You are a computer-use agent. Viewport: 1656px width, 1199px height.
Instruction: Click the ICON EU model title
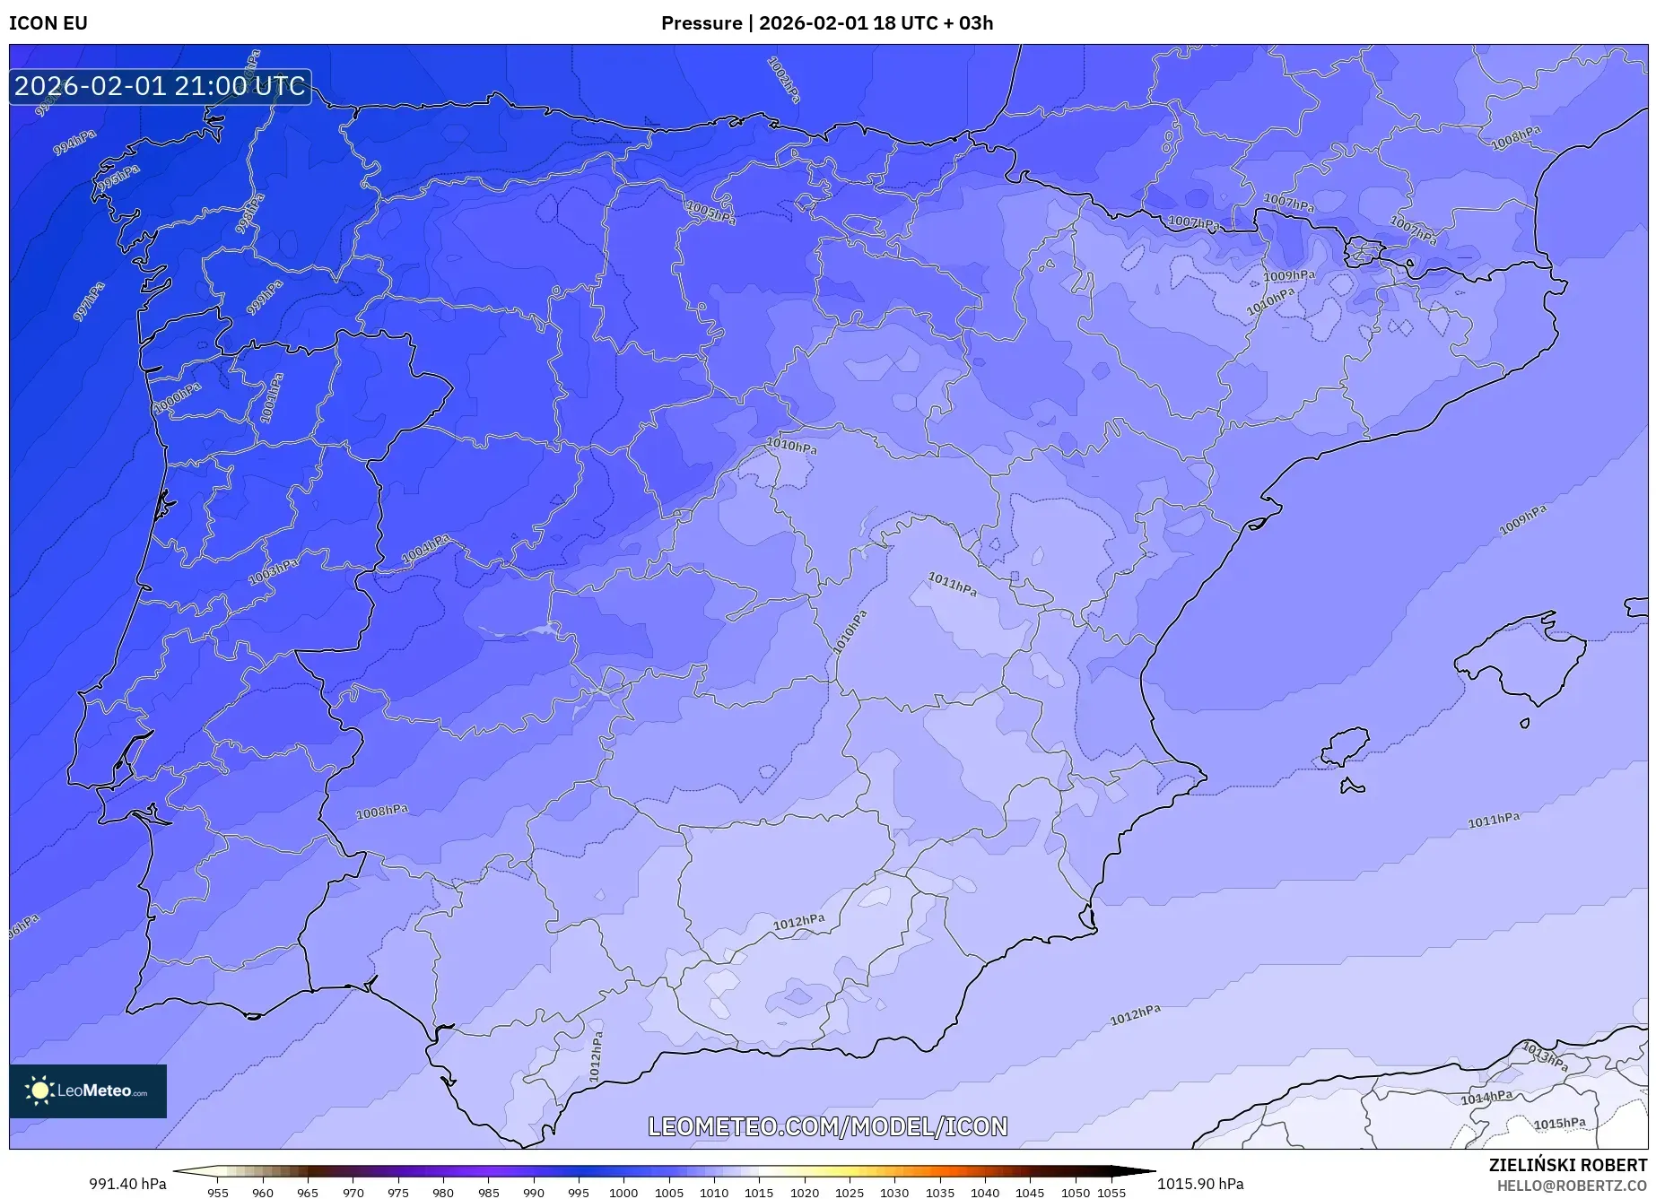coord(48,23)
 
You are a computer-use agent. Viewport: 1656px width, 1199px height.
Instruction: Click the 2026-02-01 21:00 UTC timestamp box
coord(160,86)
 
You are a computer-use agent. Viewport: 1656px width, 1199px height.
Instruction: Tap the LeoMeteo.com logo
coord(88,1090)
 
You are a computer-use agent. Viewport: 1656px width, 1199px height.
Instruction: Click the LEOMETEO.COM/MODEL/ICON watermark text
coord(827,1126)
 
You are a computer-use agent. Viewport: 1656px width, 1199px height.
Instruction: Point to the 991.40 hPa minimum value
coord(127,1184)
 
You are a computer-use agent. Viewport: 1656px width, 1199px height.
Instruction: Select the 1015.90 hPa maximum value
coord(1200,1184)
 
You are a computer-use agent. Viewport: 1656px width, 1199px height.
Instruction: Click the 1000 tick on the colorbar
coord(623,1193)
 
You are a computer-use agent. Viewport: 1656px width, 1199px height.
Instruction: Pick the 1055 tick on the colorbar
coord(1111,1193)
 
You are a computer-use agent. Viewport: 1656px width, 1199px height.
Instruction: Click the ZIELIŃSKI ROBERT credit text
coord(1567,1165)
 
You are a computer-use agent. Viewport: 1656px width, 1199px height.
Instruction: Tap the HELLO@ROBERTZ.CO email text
coord(1571,1186)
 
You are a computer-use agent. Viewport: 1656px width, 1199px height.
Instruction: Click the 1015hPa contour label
coord(1559,1124)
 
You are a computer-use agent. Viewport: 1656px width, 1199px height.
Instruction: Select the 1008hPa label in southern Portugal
coord(382,812)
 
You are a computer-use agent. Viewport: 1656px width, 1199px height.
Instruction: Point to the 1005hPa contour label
coord(710,213)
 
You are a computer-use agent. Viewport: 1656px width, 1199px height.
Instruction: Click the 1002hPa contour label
coord(784,80)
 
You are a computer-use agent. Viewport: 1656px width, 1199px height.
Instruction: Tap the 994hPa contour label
coord(74,143)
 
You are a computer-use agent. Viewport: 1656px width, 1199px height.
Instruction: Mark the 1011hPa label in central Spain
coord(952,585)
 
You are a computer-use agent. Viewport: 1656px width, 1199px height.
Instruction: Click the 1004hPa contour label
coord(425,549)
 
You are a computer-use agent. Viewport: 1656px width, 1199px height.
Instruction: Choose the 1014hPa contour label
coord(1486,1098)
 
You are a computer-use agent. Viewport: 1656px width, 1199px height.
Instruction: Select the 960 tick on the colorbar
coord(263,1193)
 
